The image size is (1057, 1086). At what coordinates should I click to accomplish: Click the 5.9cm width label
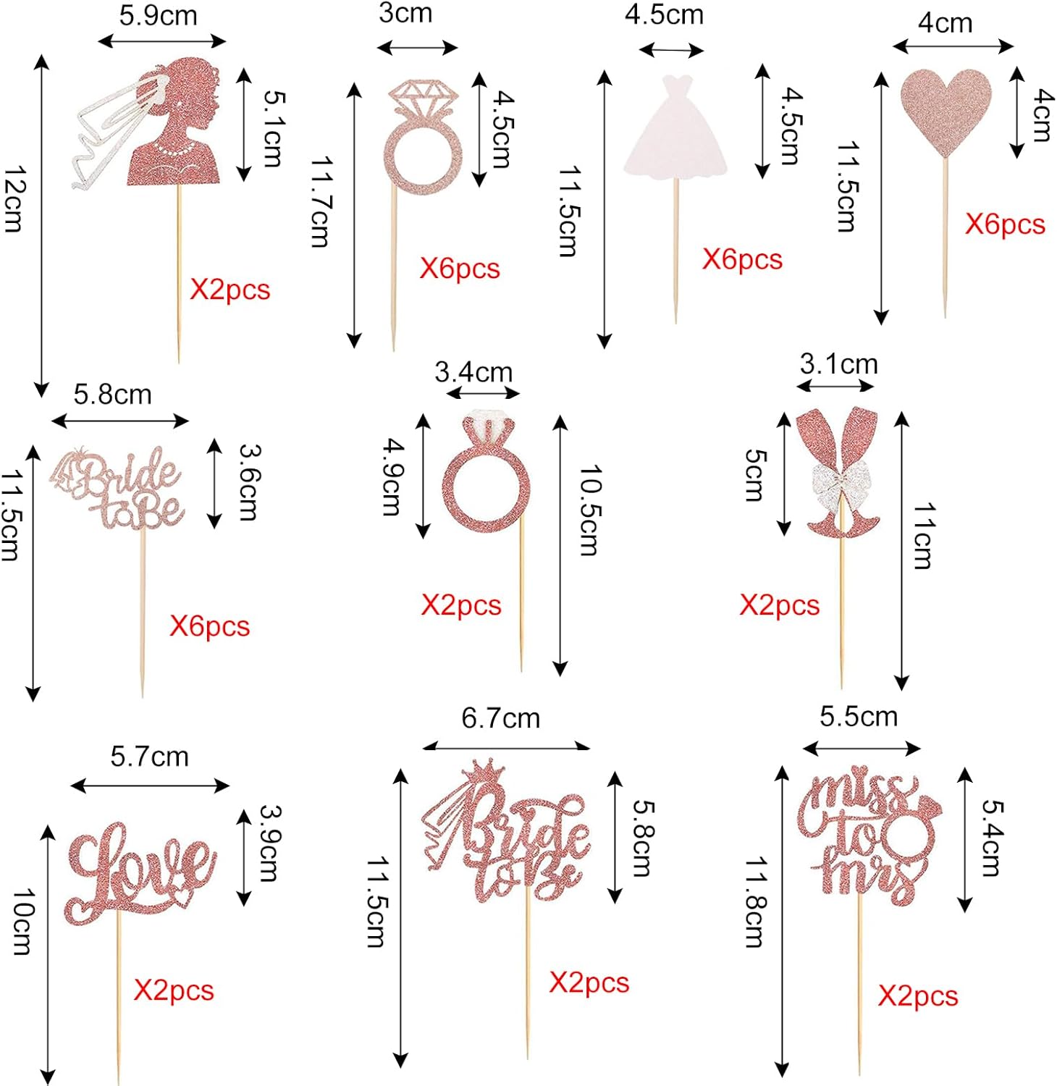point(158,16)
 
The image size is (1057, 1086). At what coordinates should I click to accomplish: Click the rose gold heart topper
point(946,109)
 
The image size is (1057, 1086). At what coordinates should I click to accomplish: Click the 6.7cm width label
point(501,718)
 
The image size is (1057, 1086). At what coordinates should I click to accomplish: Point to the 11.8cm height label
point(755,901)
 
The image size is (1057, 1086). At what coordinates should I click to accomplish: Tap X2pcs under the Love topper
point(174,990)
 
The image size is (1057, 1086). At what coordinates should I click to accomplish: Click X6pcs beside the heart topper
point(1005,224)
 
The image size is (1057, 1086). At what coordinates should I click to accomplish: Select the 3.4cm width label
point(473,372)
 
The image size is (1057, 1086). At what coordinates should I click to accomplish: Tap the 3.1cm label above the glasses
point(838,363)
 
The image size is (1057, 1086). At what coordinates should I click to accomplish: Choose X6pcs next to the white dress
point(742,259)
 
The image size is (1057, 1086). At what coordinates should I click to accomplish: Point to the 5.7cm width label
point(149,757)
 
